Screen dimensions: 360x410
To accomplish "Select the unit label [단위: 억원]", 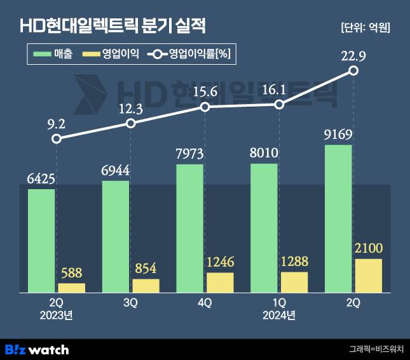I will coord(366,27).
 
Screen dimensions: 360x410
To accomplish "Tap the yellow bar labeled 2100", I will coord(368,276).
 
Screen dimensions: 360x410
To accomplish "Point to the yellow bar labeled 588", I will coord(71,288).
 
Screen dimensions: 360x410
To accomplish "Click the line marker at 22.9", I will coord(354,71).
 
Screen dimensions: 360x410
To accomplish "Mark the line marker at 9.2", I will coord(57,138).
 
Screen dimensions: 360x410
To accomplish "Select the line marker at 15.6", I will coord(205,107).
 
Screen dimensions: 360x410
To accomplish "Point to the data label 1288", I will coord(294,261).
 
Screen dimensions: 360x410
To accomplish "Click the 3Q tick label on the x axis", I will coord(130,303).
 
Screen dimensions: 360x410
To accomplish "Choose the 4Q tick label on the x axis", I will coord(205,303).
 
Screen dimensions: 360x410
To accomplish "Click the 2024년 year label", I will coord(279,315).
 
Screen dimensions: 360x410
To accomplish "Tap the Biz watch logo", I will coord(37,349).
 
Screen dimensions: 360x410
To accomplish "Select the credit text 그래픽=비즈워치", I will coord(374,349).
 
